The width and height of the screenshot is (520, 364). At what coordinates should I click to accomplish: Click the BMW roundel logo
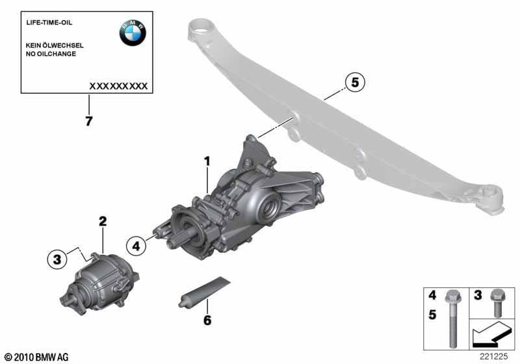(x=133, y=32)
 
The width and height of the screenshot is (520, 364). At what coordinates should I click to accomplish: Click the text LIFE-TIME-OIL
(x=49, y=23)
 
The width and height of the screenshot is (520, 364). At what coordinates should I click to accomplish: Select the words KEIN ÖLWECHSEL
(x=55, y=45)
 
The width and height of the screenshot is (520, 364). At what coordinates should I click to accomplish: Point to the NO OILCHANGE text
(x=51, y=54)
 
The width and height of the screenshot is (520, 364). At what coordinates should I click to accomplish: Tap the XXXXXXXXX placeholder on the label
(x=118, y=86)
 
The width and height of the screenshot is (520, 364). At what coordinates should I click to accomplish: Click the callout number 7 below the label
(x=88, y=121)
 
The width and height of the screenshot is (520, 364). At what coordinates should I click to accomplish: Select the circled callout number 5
(x=355, y=82)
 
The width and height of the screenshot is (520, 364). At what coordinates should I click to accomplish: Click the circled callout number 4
(x=136, y=246)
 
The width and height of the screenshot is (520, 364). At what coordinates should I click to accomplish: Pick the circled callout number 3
(x=57, y=259)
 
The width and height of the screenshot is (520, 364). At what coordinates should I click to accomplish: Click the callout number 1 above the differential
(x=207, y=162)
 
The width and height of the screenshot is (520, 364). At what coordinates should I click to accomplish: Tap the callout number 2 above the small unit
(x=103, y=222)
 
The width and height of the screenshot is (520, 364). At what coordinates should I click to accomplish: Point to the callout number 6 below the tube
(x=207, y=320)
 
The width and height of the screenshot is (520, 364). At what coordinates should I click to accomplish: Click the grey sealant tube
(x=204, y=292)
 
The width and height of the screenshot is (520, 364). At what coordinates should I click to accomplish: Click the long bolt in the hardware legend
(x=452, y=318)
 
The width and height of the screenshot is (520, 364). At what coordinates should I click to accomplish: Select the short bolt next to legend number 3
(x=497, y=303)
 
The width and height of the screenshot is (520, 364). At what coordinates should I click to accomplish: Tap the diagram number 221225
(x=493, y=356)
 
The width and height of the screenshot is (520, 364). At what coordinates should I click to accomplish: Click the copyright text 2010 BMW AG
(x=37, y=357)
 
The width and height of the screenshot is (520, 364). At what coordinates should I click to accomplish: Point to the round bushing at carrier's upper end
(x=201, y=29)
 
